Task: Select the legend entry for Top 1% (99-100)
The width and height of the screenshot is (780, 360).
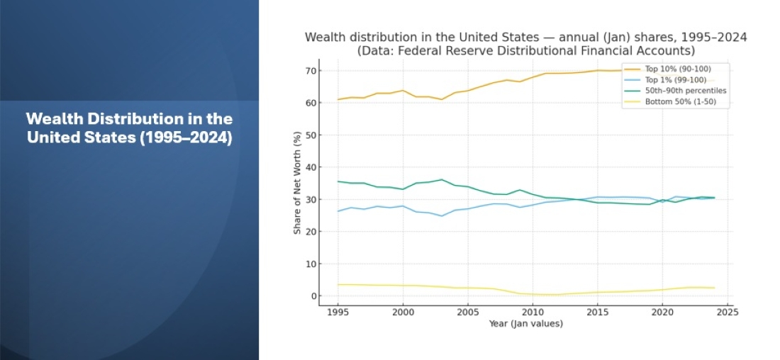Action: [x=674, y=80]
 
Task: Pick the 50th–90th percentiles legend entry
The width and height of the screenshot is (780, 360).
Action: [x=684, y=91]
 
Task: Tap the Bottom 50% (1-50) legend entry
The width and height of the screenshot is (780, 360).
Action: [x=678, y=102]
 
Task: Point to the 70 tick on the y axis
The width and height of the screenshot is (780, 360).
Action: [x=311, y=71]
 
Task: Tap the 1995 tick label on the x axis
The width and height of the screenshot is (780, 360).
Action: [x=338, y=311]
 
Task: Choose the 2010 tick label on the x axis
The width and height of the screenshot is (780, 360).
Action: [x=533, y=311]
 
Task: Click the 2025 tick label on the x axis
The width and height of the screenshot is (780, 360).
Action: [x=727, y=311]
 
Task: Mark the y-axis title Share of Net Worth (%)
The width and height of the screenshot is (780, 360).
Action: [x=298, y=183]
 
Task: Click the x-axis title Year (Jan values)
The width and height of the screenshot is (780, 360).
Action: [x=525, y=323]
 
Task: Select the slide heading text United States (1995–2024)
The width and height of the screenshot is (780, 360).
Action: [x=129, y=137]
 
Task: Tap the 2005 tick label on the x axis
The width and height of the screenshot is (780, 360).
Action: [x=467, y=311]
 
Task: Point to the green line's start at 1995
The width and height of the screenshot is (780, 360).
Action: [x=338, y=181]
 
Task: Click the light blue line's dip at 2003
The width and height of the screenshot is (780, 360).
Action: [x=441, y=216]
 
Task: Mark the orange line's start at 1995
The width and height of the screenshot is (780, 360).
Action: [x=338, y=99]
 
